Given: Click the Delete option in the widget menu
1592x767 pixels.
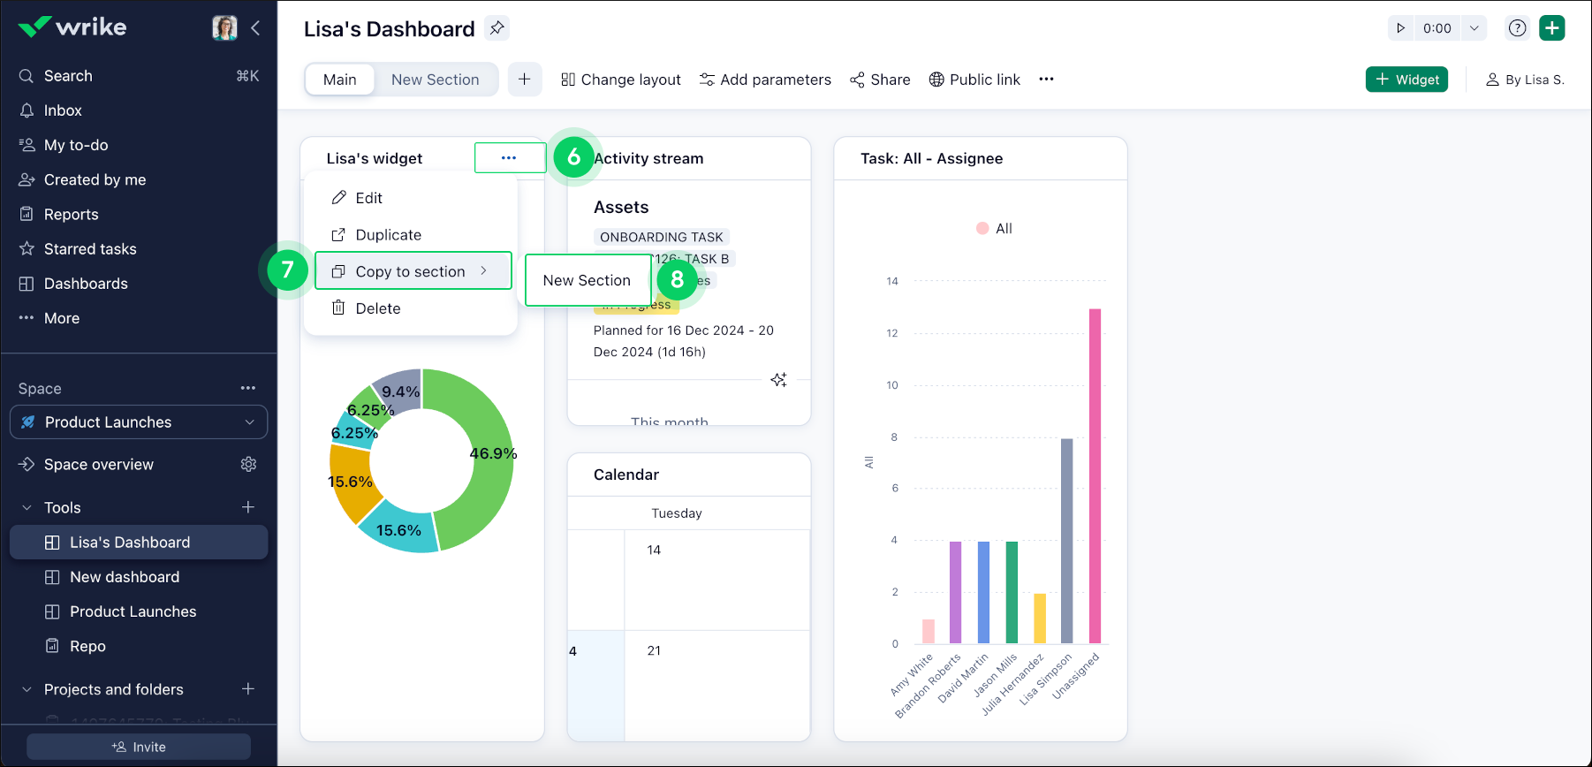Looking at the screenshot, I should pos(377,308).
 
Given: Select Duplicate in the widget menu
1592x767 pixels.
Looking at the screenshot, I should pos(388,235).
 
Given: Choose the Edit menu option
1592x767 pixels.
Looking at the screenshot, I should pos(368,198).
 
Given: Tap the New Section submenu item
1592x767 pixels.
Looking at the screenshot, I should pos(588,280).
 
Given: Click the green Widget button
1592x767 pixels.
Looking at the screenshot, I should pos(1406,80).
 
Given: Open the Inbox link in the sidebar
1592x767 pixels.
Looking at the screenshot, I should pos(63,110).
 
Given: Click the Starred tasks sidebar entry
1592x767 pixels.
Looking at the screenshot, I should pos(90,249).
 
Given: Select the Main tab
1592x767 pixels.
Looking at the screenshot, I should pos(340,80).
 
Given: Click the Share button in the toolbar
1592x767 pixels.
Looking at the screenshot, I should pos(880,80).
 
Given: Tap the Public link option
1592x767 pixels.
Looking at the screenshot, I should pos(974,80).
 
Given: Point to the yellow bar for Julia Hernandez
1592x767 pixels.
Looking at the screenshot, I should pos(1040,618).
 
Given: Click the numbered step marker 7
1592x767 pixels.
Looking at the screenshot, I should pos(287,270).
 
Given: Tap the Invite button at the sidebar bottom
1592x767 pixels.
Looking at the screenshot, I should pos(139,747).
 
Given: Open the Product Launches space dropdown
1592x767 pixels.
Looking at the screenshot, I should pos(139,422).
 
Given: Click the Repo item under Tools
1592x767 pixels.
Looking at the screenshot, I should pos(87,646).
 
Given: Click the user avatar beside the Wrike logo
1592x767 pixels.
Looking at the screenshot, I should pos(224,27).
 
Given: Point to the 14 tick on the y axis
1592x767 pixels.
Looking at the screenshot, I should pos(892,281).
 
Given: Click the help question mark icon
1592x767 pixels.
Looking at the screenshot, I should pos(1517,28).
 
